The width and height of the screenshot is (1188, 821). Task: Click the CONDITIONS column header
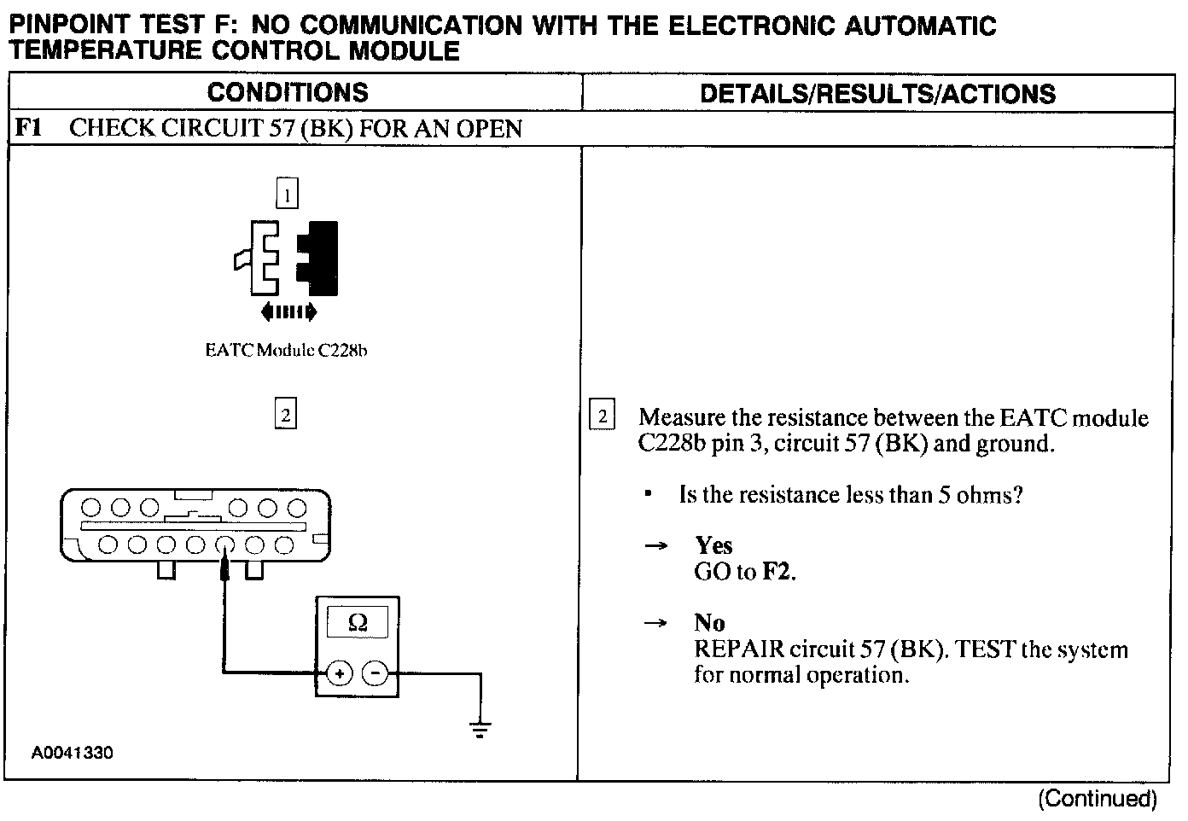coord(288,92)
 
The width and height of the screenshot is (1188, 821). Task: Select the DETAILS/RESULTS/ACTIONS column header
coord(877,94)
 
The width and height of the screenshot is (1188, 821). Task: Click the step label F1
coord(29,128)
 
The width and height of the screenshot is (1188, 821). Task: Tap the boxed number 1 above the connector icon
coord(288,194)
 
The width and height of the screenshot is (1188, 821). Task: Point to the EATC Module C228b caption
coord(286,350)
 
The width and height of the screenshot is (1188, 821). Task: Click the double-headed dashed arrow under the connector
coord(288,312)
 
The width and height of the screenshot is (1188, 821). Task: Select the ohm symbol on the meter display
coord(358,623)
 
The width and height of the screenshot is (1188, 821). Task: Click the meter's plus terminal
coord(340,673)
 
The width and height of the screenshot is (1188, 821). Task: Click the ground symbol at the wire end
coord(480,730)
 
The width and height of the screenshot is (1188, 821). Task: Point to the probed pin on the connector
coord(224,544)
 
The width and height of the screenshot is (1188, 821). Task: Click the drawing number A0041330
coord(73,753)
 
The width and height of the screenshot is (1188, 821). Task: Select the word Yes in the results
coord(713,545)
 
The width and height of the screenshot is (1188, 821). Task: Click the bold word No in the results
coord(709,623)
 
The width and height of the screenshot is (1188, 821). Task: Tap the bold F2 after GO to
coord(775,571)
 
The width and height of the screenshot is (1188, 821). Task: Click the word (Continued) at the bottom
coord(1097,799)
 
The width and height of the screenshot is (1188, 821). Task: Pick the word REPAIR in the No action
coord(739,649)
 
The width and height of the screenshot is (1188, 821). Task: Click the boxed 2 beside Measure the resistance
coord(603,416)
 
